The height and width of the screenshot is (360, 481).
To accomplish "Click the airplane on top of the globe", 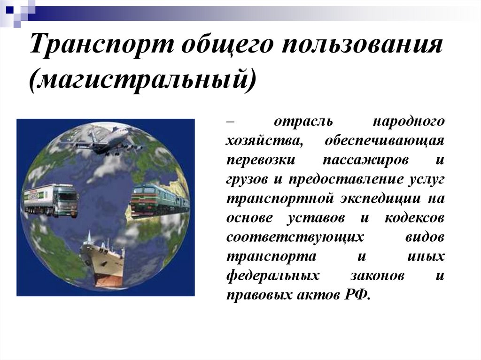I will coord(107,139).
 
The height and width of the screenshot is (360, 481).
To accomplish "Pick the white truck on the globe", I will coord(51,199).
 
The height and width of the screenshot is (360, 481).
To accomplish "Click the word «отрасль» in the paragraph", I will coord(303,121).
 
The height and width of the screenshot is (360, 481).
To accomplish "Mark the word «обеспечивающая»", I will coord(384,140).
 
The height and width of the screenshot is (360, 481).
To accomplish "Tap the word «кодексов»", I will coord(413,217).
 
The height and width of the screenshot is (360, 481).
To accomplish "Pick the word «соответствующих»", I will coord(295,237).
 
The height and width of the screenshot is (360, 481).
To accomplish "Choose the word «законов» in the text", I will coord(377,275).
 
